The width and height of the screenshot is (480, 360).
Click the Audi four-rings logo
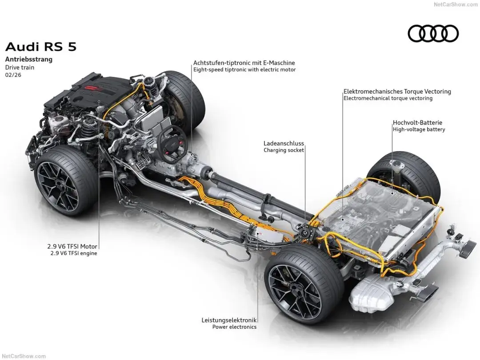tap(433, 33)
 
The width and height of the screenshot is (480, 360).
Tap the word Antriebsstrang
tap(28, 59)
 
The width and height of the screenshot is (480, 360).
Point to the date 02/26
tap(13, 75)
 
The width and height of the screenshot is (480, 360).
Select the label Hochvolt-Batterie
tap(417, 123)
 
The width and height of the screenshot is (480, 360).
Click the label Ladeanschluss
tap(284, 144)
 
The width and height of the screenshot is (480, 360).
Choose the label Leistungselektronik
tap(229, 320)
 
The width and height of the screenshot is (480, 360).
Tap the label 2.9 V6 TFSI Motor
tap(72, 246)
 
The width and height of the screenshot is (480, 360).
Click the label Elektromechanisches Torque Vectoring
tap(397, 92)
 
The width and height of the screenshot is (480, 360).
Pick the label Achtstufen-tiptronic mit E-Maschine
tap(244, 63)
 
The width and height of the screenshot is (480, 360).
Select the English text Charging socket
tap(284, 150)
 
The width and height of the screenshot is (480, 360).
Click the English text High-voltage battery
tap(419, 130)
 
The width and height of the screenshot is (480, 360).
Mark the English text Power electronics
tap(234, 327)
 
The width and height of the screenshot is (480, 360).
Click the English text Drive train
tap(20, 68)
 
